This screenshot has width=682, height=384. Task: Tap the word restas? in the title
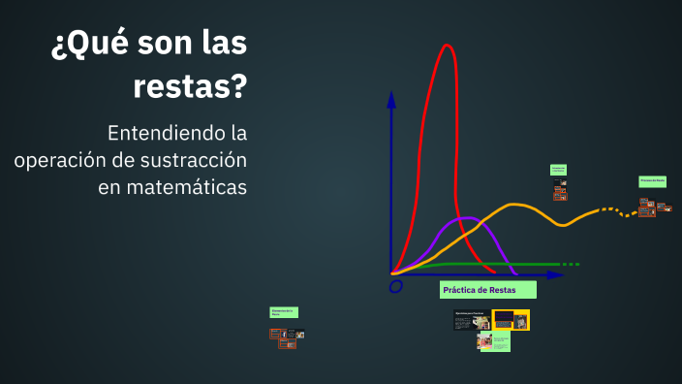189,88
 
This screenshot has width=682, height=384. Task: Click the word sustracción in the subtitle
198,159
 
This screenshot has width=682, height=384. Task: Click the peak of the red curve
447,46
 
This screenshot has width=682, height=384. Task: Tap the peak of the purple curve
465,217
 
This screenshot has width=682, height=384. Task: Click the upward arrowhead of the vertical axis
391,98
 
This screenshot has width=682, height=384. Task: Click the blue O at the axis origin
395,287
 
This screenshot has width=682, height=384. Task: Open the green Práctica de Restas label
487,290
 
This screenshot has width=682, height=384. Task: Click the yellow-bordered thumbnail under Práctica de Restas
511,320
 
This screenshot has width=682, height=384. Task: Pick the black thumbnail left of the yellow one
471,319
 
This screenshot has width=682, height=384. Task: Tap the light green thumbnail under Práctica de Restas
494,341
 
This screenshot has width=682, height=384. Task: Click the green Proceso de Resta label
652,181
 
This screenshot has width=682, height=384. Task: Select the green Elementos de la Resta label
284,312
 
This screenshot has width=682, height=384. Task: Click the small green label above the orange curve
558,170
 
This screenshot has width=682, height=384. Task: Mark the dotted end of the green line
571,264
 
